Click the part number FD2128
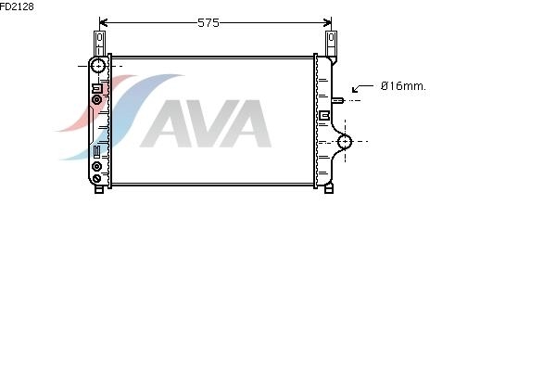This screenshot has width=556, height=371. coord(17,6)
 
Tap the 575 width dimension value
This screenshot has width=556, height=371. coord(208,23)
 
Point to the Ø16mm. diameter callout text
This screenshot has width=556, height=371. coord(403,86)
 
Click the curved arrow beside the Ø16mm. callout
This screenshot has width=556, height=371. coord(362,88)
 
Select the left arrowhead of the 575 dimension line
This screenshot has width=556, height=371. coord(104,23)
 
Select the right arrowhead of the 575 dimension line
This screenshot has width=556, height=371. coord(327,23)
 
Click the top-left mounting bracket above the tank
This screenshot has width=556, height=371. coord(100,44)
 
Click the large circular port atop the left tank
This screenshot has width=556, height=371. coord(98,66)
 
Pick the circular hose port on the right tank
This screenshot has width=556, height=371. coord(345,142)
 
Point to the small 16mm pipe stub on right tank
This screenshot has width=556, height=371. coord(337,100)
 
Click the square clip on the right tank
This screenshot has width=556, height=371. coord(325,115)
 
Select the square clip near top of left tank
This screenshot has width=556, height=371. coord(97,88)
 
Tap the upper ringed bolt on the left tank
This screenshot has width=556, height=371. coord(96,100)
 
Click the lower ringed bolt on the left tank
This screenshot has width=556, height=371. coord(96,166)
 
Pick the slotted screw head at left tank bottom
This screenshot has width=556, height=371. coord(96,179)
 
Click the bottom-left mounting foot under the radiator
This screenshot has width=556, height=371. coord(99,189)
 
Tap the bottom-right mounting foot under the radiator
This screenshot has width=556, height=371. coord(329,188)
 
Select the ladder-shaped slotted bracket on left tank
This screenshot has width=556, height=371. coord(96,151)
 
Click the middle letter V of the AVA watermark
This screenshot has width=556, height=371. coord(208,123)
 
